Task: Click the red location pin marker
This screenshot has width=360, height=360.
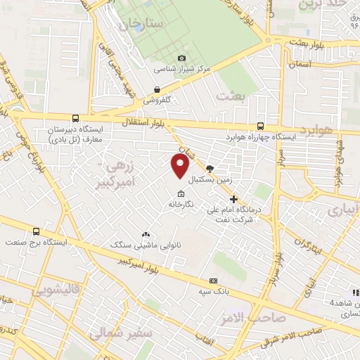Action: (x=181, y=166)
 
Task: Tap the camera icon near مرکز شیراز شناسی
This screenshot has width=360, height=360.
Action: (x=182, y=58)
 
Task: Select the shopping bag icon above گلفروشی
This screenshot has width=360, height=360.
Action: (x=157, y=89)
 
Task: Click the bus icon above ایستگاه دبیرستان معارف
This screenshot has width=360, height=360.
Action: (x=75, y=118)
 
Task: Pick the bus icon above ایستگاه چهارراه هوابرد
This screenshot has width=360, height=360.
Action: (x=261, y=126)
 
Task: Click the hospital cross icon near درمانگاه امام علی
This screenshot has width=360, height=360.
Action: (x=233, y=199)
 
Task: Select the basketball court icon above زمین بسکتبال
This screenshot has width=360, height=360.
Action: (x=210, y=169)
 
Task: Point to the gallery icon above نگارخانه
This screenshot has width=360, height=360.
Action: (x=181, y=194)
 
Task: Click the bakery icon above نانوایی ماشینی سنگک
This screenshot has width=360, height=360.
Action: (x=146, y=234)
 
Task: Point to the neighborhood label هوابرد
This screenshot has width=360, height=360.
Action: (x=316, y=131)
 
